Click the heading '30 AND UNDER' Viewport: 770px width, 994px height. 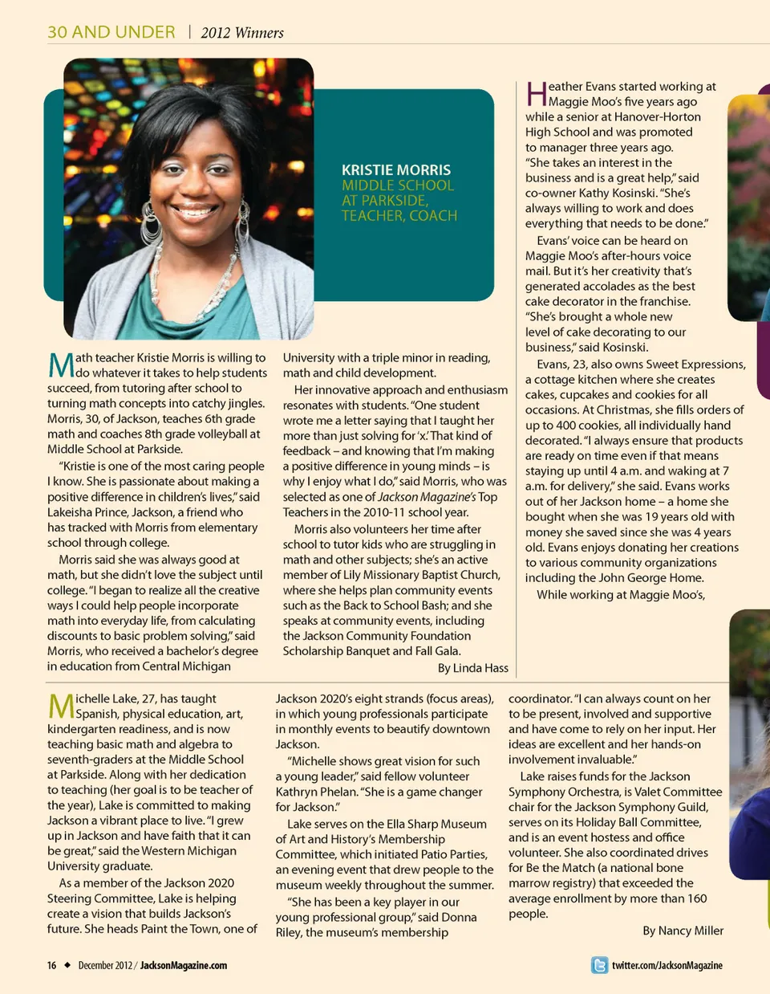(111, 32)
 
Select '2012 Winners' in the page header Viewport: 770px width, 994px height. (242, 33)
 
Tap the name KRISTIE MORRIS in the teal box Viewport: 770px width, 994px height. (396, 170)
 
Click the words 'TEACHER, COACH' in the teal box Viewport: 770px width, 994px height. (399, 216)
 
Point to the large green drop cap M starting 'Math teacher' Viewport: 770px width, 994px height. (61, 365)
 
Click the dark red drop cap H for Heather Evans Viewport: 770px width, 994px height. (536, 94)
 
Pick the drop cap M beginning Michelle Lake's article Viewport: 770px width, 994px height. (61, 706)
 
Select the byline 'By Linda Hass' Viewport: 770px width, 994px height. (473, 668)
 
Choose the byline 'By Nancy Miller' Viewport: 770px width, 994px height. (683, 931)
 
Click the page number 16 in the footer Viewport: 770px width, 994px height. (51, 965)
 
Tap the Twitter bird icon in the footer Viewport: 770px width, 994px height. (599, 965)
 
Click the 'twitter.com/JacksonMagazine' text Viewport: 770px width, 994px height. (667, 965)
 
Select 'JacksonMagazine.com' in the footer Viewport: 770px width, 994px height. (184, 965)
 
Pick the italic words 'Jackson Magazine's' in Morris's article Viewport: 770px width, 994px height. (428, 497)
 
